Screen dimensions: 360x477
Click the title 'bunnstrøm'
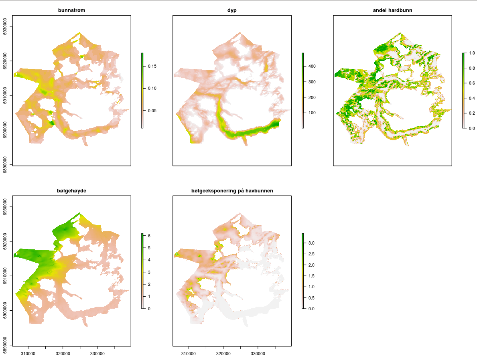coord(71,10)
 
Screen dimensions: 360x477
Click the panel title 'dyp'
coord(232,10)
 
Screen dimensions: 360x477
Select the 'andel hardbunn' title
coord(392,10)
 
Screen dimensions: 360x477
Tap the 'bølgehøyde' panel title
coord(71,191)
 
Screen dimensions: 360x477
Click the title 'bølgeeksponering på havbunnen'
coord(232,191)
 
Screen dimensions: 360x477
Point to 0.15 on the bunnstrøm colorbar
coord(152,66)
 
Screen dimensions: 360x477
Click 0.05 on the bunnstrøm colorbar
coord(152,111)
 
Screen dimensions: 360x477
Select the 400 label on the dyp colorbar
coord(312,66)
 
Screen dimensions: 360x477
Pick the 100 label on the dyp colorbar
coord(312,113)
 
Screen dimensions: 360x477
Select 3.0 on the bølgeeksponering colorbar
coord(311,243)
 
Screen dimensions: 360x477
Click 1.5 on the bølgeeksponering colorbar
coord(311,276)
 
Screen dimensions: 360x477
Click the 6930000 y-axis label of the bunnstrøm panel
coord(5,26)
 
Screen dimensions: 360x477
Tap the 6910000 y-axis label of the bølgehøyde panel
coord(5,276)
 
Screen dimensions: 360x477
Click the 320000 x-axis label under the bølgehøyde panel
coord(63,354)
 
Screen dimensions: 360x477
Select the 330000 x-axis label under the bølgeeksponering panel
coord(258,354)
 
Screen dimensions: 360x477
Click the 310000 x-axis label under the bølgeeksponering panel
coord(189,354)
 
